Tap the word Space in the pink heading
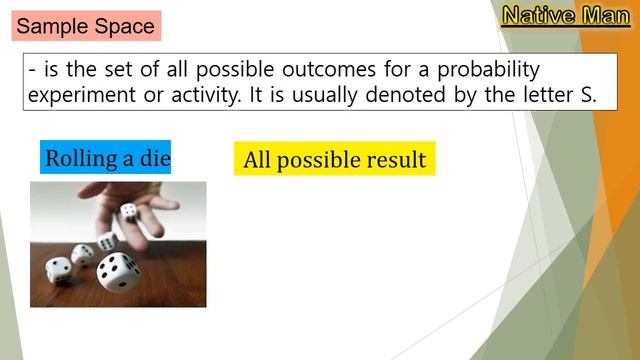(125, 26)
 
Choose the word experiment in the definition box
(81, 96)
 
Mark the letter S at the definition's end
(588, 96)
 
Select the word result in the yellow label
(393, 160)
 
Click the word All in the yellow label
(256, 160)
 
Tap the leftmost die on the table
(59, 269)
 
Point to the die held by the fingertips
(129, 211)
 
